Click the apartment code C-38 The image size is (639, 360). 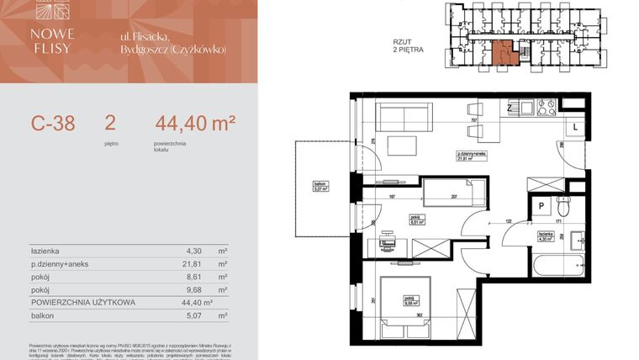point(53,124)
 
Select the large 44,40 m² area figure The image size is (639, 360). point(194,124)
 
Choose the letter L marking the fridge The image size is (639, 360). point(573,126)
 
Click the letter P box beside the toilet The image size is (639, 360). point(542,204)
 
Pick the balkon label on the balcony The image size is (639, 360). point(319,185)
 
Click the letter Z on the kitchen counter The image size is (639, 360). point(510,108)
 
